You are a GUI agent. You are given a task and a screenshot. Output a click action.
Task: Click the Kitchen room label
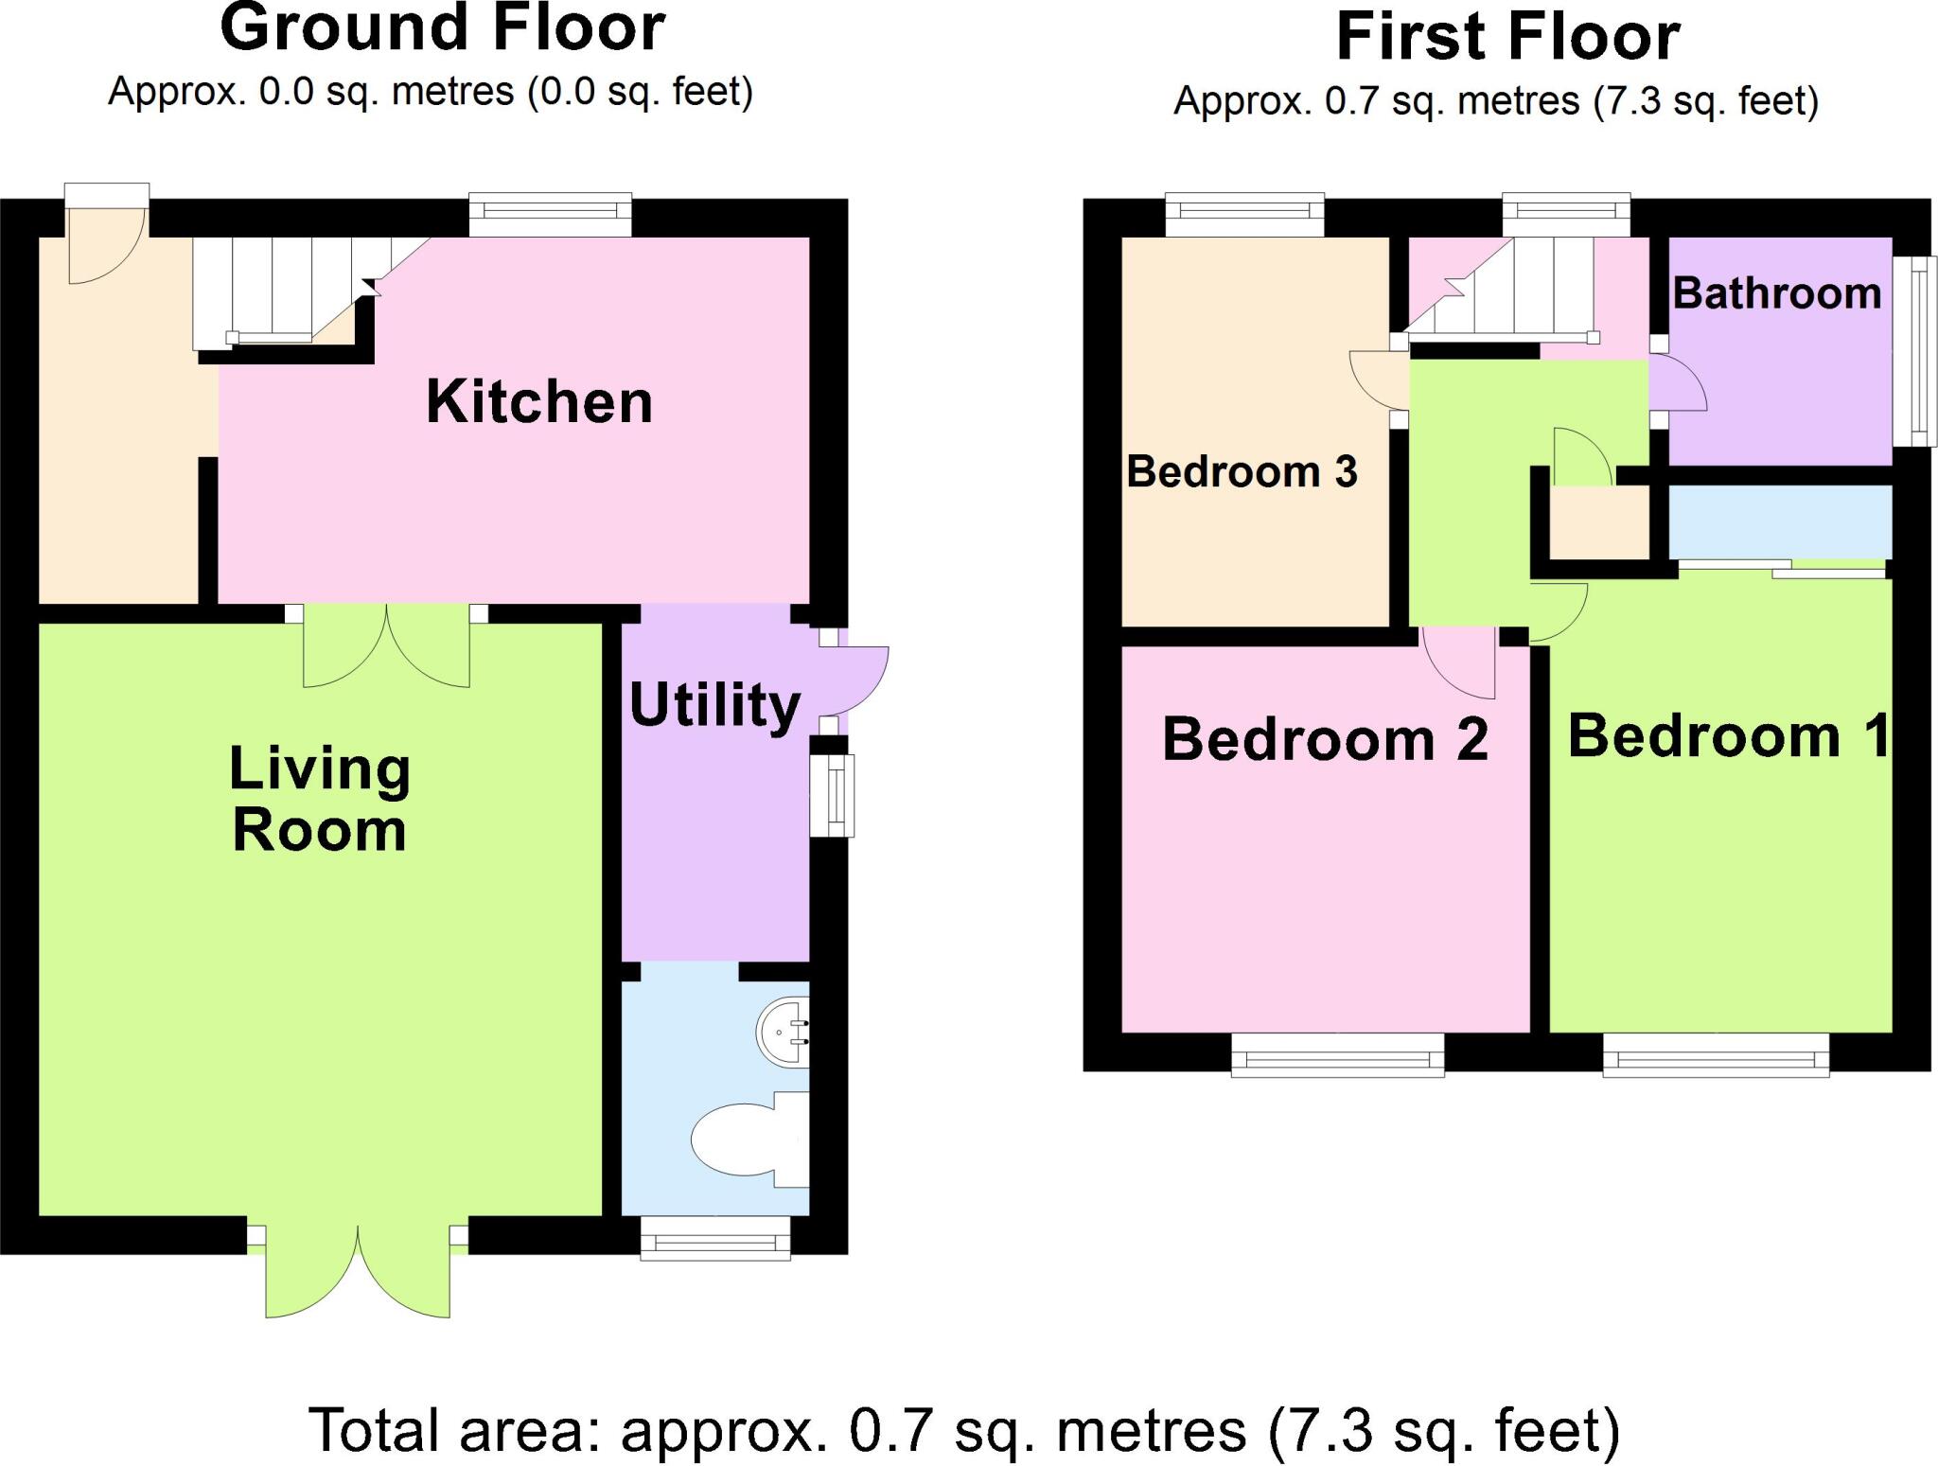(539, 402)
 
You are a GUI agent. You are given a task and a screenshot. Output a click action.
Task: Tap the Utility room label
(714, 706)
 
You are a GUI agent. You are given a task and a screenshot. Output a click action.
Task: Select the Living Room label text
(320, 800)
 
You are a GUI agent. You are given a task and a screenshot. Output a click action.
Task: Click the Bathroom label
(1776, 293)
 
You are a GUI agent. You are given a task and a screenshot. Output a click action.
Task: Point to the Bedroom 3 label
(1242, 471)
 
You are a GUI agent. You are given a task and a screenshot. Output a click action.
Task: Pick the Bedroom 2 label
(1325, 739)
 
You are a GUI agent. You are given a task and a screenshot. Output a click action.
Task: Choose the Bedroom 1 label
(1727, 735)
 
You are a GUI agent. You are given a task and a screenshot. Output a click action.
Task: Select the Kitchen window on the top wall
(551, 216)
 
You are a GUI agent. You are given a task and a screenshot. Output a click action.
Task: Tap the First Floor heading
(1507, 38)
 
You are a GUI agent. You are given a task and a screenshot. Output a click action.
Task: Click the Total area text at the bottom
(963, 1430)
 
